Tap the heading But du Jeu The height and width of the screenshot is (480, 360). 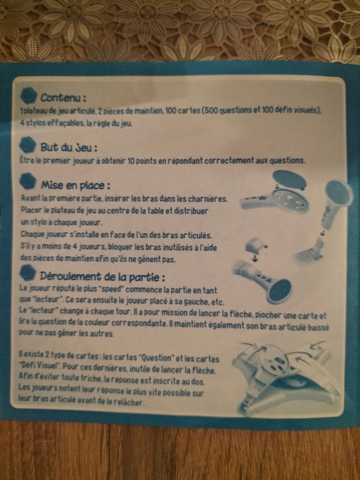click(69, 147)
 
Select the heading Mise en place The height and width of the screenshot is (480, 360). click(76, 185)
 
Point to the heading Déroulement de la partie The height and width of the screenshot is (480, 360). click(102, 276)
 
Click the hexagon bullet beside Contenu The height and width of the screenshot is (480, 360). click(28, 95)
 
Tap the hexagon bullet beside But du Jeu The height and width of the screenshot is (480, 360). click(28, 145)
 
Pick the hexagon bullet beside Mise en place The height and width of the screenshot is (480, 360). click(28, 182)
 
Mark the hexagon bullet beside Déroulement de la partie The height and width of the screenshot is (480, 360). click(28, 272)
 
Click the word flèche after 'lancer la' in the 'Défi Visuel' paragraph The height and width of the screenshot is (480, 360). click(205, 370)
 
